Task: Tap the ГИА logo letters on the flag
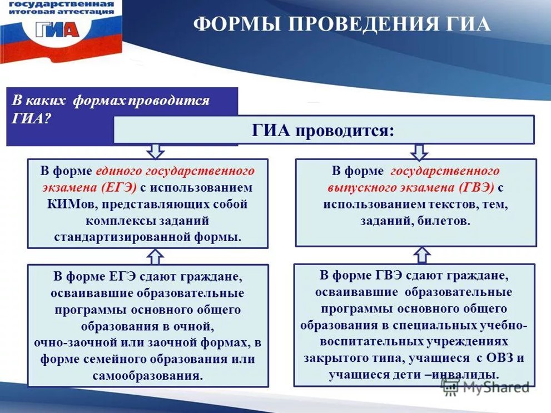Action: (57, 30)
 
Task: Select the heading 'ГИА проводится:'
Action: (323, 131)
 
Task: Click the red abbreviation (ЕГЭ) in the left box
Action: (118, 187)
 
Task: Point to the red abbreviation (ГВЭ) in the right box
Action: (476, 187)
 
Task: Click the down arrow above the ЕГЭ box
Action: (155, 151)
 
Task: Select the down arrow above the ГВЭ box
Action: (419, 151)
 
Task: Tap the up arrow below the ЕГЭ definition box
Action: (155, 257)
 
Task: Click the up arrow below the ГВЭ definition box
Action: (422, 255)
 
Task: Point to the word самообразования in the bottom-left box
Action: (148, 376)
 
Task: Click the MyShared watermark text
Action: (496, 387)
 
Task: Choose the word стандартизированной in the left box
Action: (122, 237)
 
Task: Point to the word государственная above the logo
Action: (62, 4)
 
